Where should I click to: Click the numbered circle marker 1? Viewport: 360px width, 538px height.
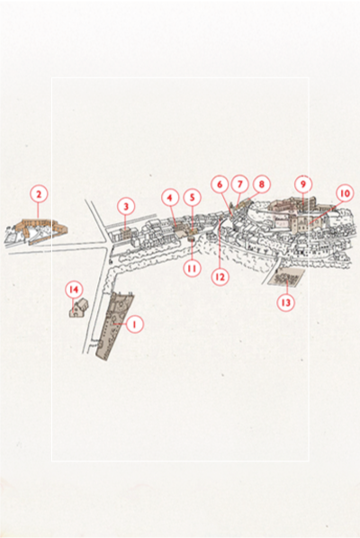(x=134, y=324)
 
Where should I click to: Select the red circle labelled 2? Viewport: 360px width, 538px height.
(x=39, y=194)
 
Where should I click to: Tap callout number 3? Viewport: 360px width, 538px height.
(x=126, y=207)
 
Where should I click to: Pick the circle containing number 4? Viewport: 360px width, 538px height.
(x=170, y=198)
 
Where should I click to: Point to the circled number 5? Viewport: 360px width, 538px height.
(x=193, y=197)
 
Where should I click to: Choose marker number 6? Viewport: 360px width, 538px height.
(x=220, y=184)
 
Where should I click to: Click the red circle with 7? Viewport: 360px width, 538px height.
(x=240, y=184)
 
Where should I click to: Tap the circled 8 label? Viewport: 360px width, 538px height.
(x=262, y=184)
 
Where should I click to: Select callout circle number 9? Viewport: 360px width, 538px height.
(x=303, y=184)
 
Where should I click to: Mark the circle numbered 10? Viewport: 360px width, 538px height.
(x=345, y=193)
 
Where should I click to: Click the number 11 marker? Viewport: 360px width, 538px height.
(x=193, y=268)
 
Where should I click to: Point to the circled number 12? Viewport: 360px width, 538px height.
(x=220, y=276)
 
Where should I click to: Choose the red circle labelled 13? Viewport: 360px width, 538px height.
(x=286, y=302)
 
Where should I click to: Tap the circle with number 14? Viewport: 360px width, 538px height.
(x=74, y=290)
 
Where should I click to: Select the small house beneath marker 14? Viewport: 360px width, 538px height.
(x=79, y=308)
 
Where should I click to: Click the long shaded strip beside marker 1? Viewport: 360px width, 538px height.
(x=116, y=326)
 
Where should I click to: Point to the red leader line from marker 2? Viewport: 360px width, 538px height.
(x=39, y=211)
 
